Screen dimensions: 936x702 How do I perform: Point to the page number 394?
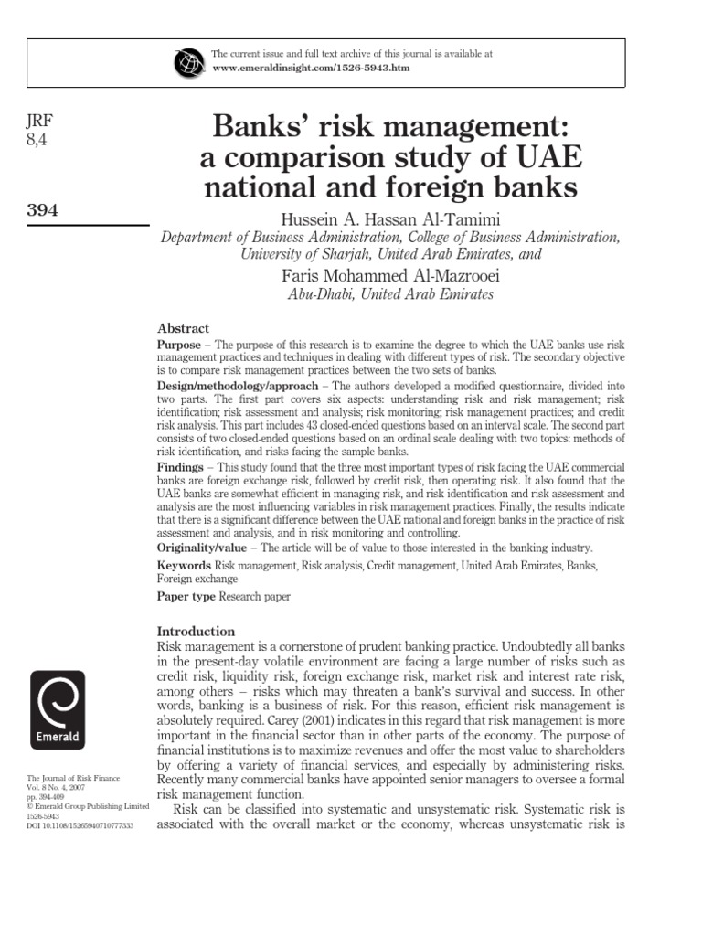tap(42, 210)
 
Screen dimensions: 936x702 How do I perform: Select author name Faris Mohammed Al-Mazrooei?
tap(389, 275)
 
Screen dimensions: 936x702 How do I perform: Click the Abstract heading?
tap(184, 328)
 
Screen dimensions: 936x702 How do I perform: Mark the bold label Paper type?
tap(186, 596)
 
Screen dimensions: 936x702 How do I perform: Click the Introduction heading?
tap(197, 631)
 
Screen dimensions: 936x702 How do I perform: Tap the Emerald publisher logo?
tap(58, 710)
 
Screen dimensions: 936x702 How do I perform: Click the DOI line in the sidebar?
tap(80, 825)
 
